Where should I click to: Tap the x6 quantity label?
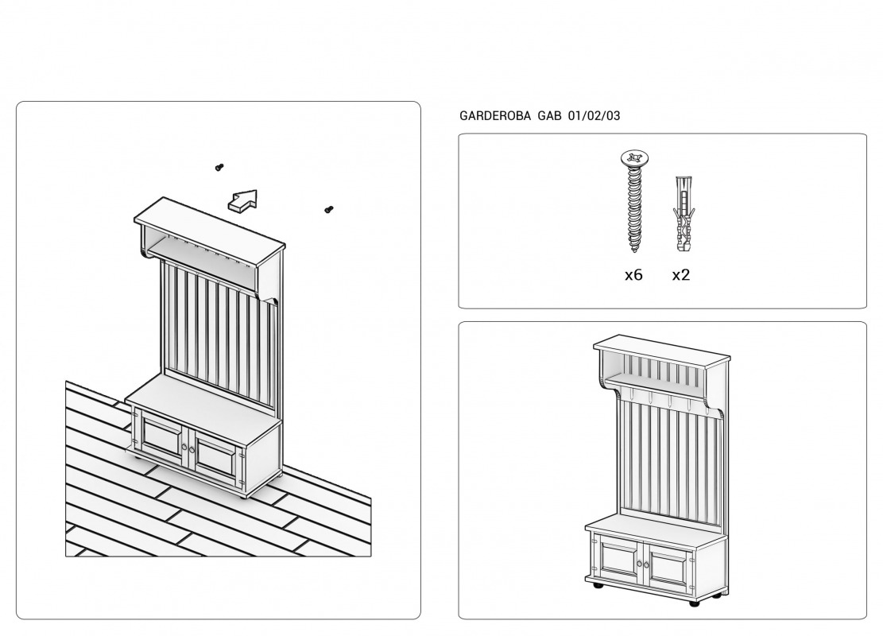(633, 275)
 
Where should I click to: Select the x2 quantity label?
(681, 275)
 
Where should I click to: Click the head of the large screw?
(635, 157)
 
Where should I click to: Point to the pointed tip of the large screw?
(634, 251)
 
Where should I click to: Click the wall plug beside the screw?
(683, 214)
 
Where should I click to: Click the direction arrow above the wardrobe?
(242, 201)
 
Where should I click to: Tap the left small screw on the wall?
(219, 167)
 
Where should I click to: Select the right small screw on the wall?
(329, 210)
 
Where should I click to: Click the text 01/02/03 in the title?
(594, 116)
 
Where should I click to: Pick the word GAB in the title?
(550, 116)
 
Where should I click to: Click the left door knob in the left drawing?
(184, 448)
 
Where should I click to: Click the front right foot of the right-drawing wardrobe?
(695, 603)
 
